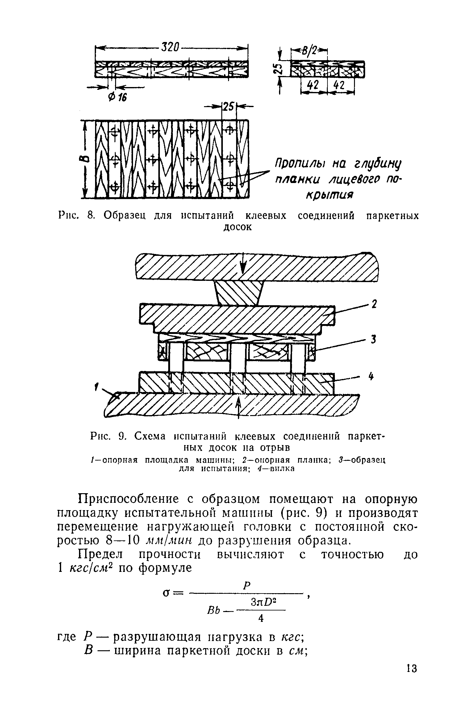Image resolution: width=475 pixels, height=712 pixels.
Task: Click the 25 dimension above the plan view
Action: pos(229,107)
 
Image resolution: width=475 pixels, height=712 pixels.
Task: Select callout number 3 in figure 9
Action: pos(373,340)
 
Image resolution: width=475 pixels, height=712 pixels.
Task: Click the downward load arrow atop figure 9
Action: pos(244,262)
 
